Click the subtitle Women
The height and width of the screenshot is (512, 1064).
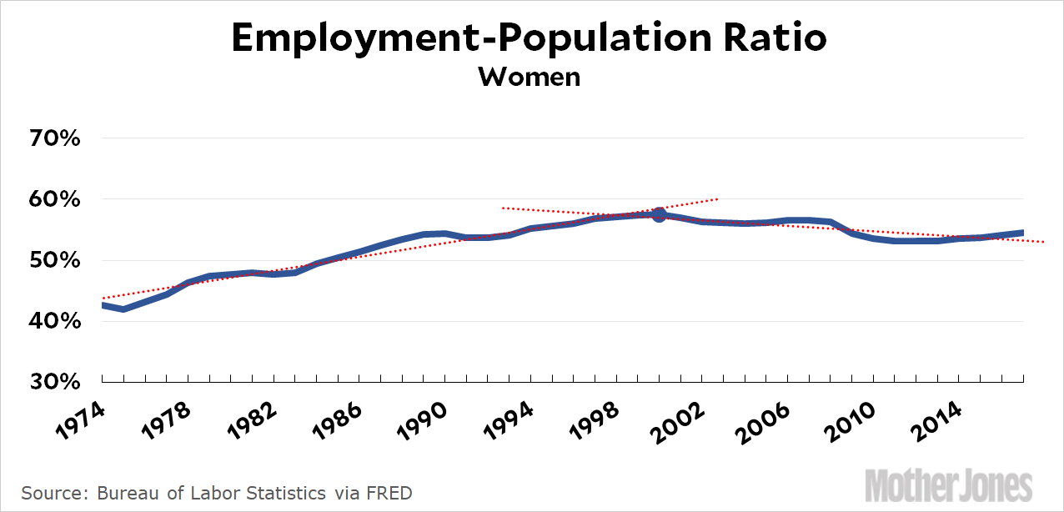529,77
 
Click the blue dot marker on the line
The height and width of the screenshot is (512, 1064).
659,214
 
